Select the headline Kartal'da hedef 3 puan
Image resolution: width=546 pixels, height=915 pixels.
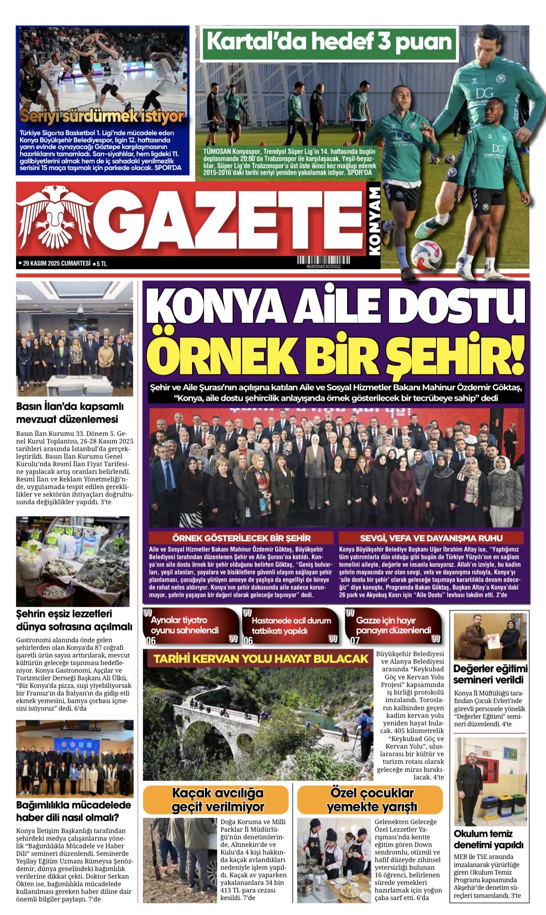click(x=330, y=43)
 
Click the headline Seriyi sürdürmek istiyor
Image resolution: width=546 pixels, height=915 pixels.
click(x=102, y=116)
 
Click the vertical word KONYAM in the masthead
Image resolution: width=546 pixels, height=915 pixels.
click(x=374, y=221)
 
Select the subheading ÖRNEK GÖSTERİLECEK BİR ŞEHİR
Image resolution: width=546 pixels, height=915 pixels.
click(x=241, y=538)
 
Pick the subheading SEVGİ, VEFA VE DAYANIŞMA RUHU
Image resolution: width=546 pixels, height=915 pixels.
click(x=431, y=538)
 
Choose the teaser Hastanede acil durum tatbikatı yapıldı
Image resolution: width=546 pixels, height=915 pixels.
click(x=291, y=625)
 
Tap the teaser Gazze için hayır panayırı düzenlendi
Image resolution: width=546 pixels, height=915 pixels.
click(x=393, y=625)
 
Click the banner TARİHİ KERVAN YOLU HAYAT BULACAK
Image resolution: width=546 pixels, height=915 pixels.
click(x=261, y=659)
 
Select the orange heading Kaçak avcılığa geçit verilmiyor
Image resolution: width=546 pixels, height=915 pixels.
click(x=218, y=799)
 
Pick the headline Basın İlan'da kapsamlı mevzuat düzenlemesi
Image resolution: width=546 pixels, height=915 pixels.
click(x=70, y=413)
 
